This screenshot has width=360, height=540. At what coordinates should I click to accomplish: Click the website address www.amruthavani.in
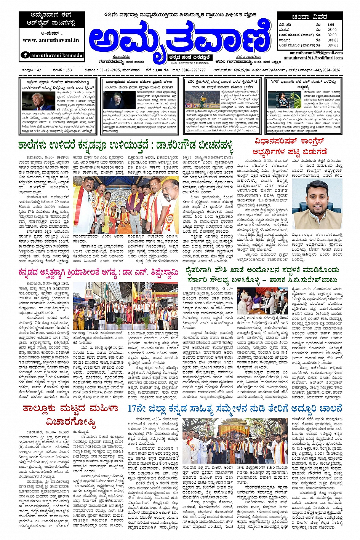click(x=51, y=40)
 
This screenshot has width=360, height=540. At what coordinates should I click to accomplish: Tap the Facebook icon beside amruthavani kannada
click(x=26, y=55)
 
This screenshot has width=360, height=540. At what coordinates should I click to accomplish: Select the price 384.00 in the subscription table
click(x=333, y=45)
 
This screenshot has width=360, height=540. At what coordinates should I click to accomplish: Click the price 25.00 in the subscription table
click(x=332, y=30)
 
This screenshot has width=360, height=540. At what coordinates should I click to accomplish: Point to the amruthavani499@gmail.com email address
click(x=316, y=53)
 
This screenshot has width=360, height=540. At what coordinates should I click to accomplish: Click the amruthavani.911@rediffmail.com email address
click(x=313, y=58)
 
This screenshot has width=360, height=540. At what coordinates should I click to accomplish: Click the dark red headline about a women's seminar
click(x=70, y=415)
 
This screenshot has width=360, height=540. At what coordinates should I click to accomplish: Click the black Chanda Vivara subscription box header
click(x=309, y=17)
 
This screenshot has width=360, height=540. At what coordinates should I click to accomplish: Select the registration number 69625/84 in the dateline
click(x=242, y=70)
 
